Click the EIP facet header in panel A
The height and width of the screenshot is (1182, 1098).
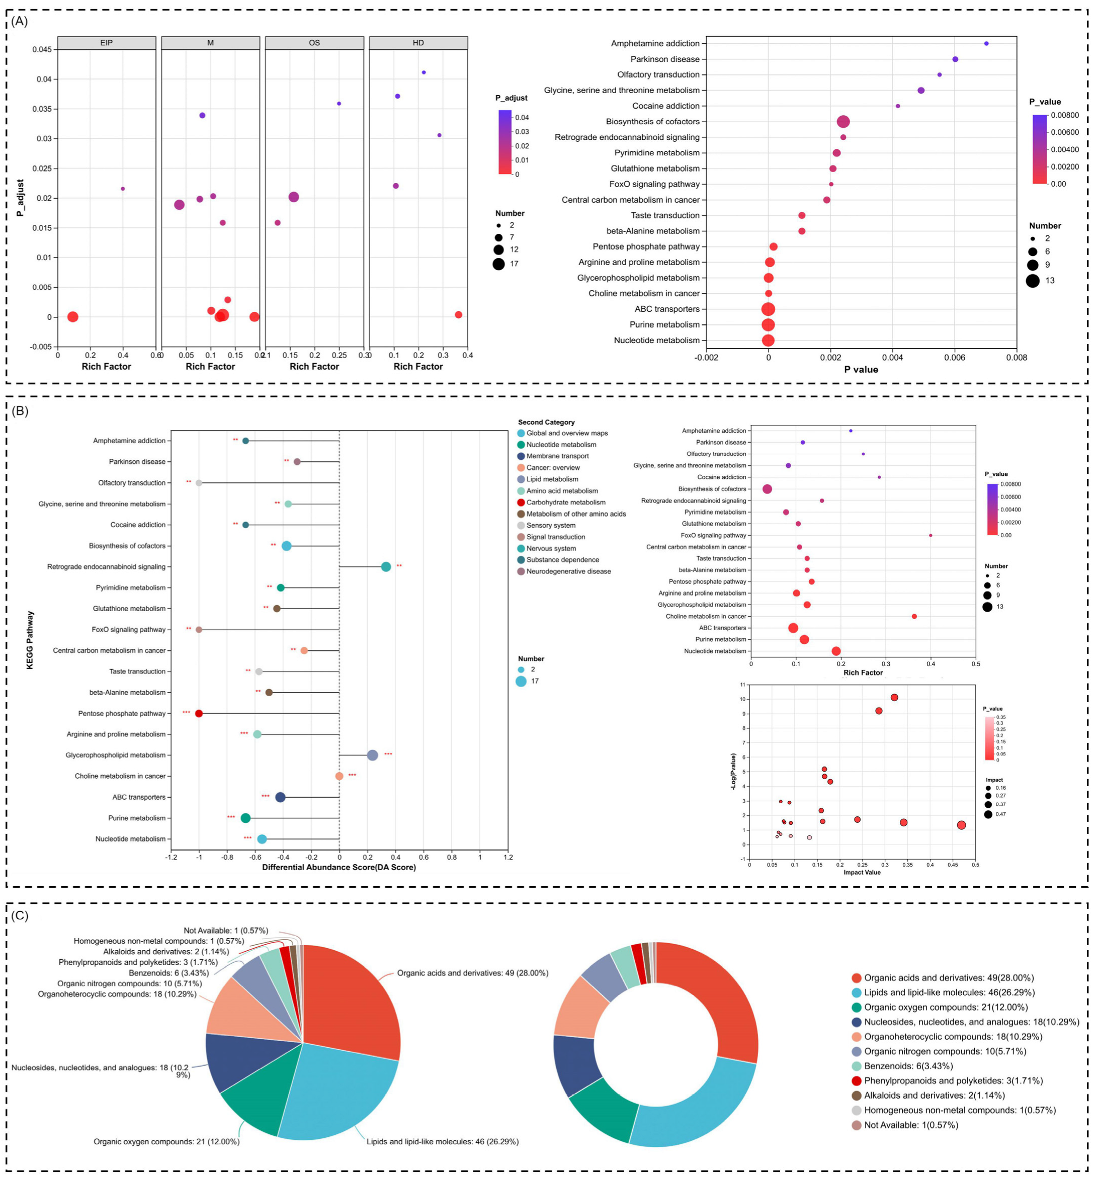pyautogui.click(x=106, y=43)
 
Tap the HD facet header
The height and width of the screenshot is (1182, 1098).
pyautogui.click(x=418, y=43)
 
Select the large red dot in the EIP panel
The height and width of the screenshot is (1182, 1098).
pyautogui.click(x=72, y=317)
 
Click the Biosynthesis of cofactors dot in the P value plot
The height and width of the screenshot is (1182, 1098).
pyautogui.click(x=842, y=122)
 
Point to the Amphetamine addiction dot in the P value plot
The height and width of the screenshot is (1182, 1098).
pyautogui.click(x=986, y=43)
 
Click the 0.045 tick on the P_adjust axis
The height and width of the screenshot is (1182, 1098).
pyautogui.click(x=42, y=49)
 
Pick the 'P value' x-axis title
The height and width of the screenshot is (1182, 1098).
pyautogui.click(x=861, y=370)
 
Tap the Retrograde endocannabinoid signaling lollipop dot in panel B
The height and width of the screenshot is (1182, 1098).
pyautogui.click(x=386, y=566)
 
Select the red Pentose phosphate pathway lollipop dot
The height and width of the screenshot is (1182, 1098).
pyautogui.click(x=199, y=713)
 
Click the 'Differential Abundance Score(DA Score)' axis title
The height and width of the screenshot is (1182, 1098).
pyautogui.click(x=339, y=867)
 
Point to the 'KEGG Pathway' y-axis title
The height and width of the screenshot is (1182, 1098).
pyautogui.click(x=30, y=640)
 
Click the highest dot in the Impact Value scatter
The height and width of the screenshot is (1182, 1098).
pyautogui.click(x=894, y=697)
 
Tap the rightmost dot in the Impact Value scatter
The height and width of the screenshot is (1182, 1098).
pyautogui.click(x=961, y=825)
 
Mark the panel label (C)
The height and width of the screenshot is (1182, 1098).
pyautogui.click(x=20, y=915)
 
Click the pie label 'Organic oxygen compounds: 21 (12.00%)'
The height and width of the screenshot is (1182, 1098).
pyautogui.click(x=166, y=1142)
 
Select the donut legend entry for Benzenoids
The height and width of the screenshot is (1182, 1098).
pyautogui.click(x=908, y=1066)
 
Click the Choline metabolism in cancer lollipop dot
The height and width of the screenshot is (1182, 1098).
pyautogui.click(x=340, y=776)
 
